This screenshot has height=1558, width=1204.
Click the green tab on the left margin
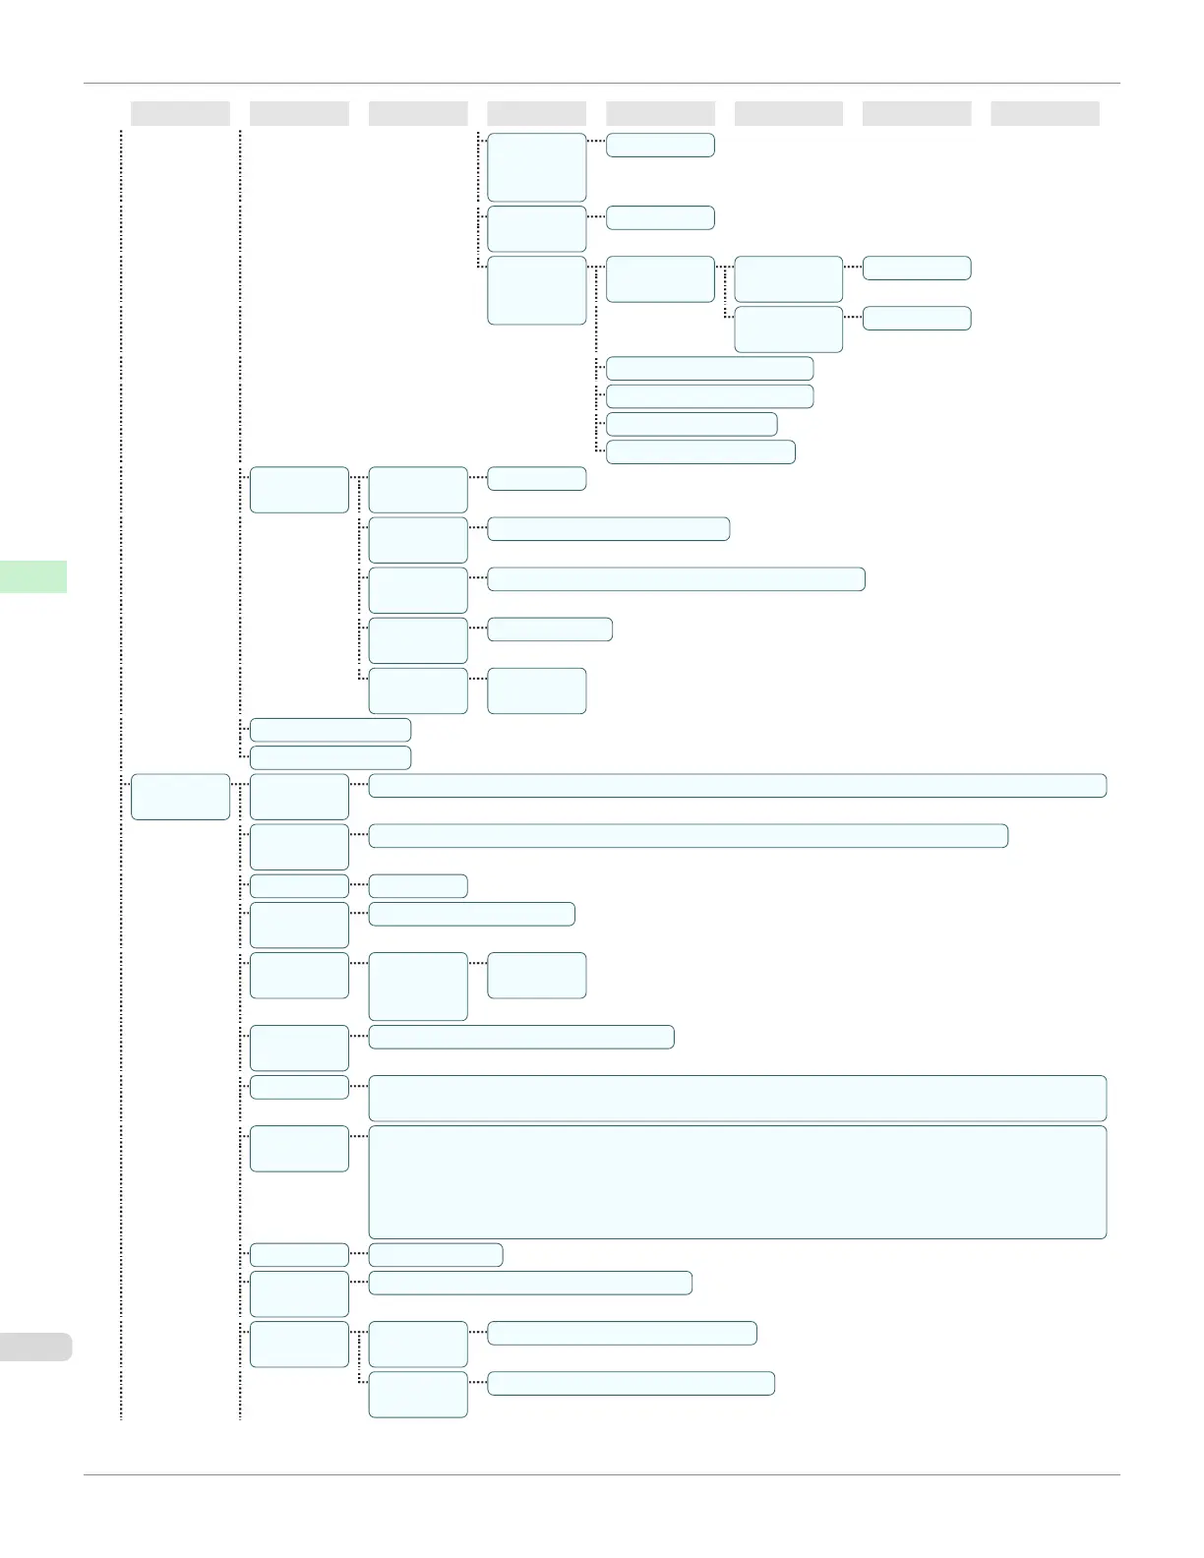33,576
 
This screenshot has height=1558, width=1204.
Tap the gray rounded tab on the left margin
35,1347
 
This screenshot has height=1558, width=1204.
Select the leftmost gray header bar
180,113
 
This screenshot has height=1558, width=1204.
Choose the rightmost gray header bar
1045,113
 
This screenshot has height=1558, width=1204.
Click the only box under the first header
180,797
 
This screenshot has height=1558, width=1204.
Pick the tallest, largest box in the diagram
737,1181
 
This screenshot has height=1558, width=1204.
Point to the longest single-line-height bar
737,785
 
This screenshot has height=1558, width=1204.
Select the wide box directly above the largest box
737,1098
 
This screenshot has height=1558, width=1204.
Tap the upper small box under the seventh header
917,268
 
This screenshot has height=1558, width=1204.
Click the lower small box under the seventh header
917,318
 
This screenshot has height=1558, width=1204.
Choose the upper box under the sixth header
788,279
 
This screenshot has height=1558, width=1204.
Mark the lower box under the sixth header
788,329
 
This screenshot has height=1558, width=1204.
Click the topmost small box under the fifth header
660,145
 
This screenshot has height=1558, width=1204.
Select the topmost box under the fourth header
537,167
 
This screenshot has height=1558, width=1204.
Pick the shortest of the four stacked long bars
692,424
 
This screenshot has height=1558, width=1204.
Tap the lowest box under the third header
418,1395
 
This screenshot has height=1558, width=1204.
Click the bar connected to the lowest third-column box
631,1383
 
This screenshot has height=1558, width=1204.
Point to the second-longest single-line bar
688,835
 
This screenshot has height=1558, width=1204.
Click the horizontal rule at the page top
602,84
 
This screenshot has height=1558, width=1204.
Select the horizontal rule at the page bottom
602,1474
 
